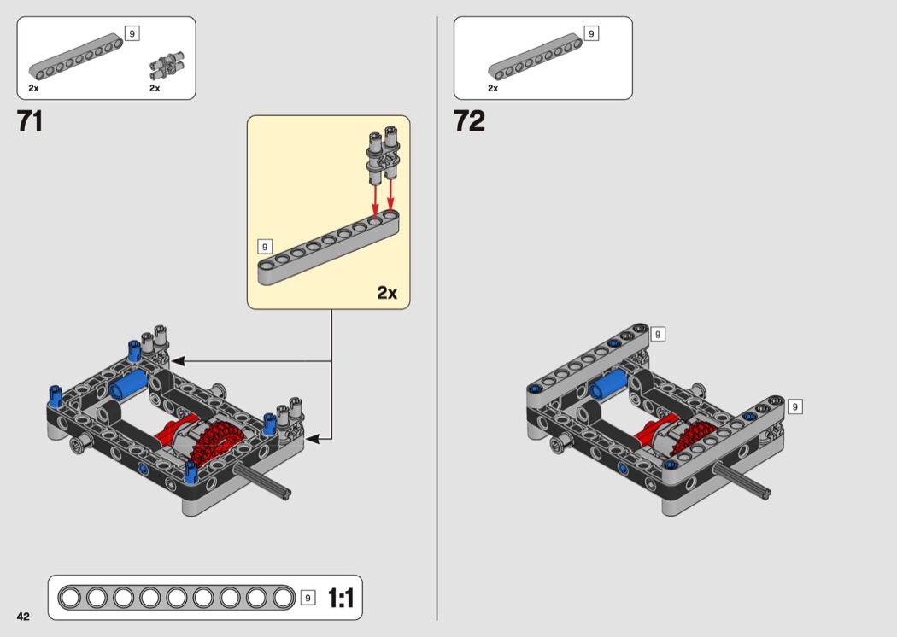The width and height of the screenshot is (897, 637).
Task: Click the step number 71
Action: pos(30,121)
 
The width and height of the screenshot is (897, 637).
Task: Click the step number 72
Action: pos(469,121)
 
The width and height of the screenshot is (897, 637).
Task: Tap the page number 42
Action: pos(23,616)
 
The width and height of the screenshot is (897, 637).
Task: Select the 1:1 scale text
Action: pos(341,598)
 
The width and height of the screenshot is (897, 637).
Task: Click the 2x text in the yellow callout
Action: pos(387,293)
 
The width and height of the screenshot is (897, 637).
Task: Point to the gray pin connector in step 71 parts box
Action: pos(167,67)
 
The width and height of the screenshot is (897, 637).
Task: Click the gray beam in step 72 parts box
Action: pos(535,56)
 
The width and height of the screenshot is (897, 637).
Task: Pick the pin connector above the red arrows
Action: pos(383,155)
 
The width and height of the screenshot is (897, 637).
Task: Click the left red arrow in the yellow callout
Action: pos(375,202)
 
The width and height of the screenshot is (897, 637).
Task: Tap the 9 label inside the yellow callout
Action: pos(264,247)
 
